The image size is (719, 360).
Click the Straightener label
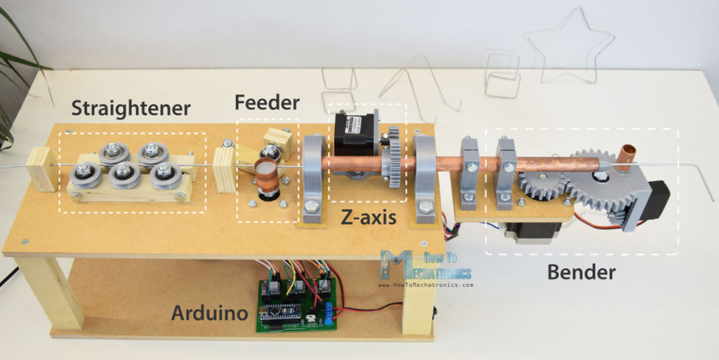(131, 109)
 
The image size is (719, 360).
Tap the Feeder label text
(267, 103)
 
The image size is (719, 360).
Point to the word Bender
(582, 272)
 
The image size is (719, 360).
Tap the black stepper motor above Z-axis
(355, 137)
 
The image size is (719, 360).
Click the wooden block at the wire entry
(43, 168)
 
